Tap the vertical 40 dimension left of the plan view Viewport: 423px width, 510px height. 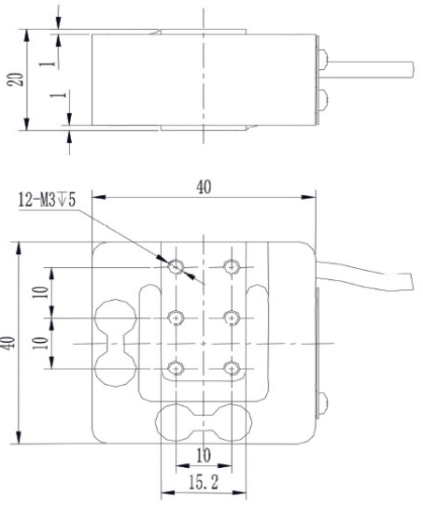click(8, 342)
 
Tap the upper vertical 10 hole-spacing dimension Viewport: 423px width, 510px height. click(38, 291)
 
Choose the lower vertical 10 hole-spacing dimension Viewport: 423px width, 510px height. click(38, 343)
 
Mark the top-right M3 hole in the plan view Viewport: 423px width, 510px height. click(231, 267)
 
